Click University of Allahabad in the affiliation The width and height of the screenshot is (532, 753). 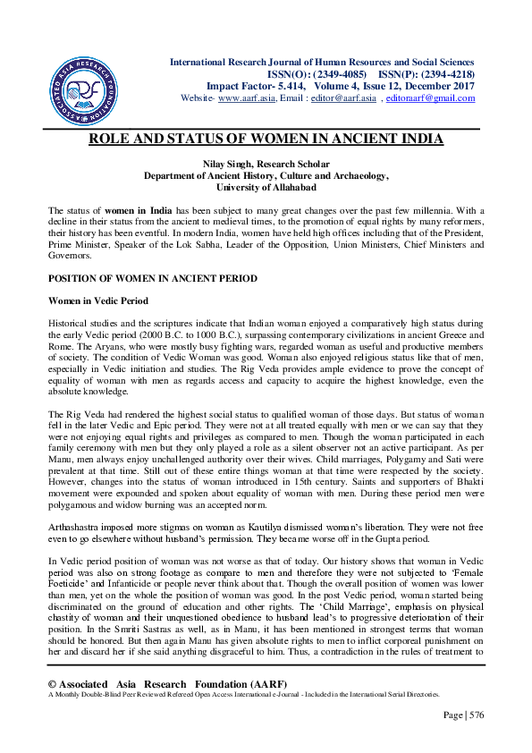(x=266, y=189)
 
